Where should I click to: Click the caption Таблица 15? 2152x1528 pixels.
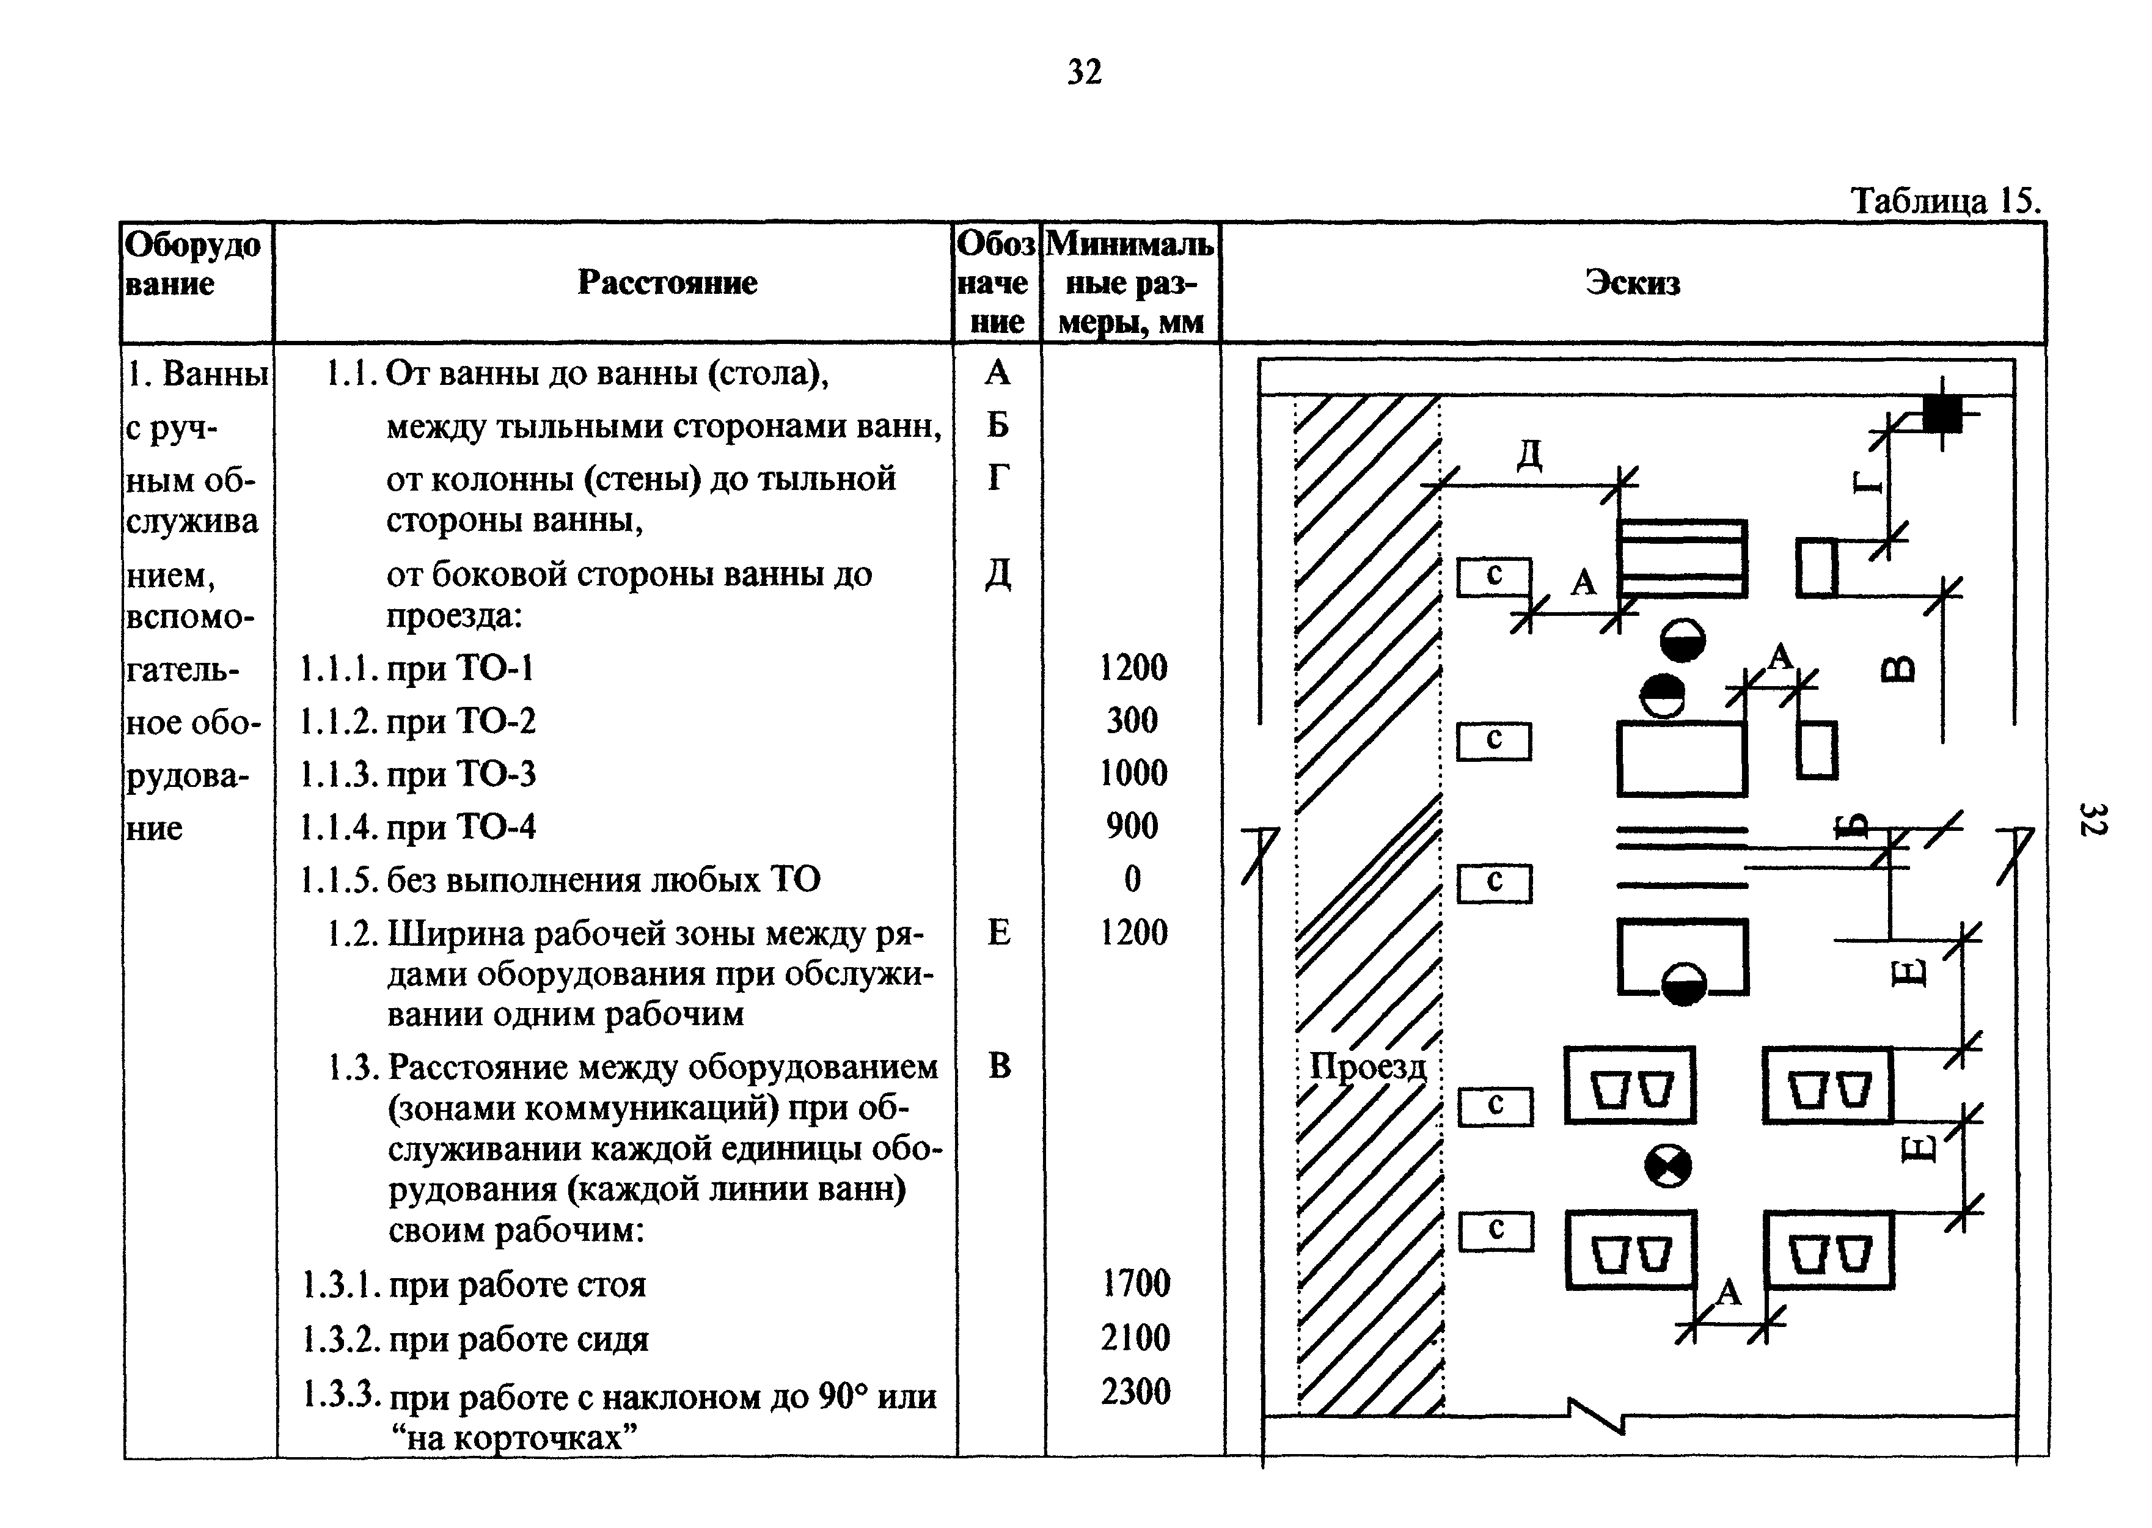pos(1945,200)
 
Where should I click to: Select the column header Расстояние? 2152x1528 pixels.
pos(667,282)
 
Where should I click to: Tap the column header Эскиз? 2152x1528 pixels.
pos(1633,282)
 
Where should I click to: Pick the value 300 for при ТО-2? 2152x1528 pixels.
pos(1132,721)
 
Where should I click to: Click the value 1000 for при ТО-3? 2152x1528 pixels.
pos(1133,773)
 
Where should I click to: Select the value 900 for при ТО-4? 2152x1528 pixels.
pos(1132,826)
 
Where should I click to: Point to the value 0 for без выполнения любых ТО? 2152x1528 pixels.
pos(1132,879)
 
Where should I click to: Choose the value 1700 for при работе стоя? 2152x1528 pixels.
pos(1136,1284)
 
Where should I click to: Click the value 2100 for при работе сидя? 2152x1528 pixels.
pos(1136,1337)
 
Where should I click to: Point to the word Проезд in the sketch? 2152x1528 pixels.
pos(1367,1067)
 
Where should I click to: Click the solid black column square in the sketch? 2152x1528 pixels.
pos(1941,413)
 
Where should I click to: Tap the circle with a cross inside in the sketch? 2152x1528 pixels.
pos(1667,1167)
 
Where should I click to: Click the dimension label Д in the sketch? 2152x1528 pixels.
pos(1529,455)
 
